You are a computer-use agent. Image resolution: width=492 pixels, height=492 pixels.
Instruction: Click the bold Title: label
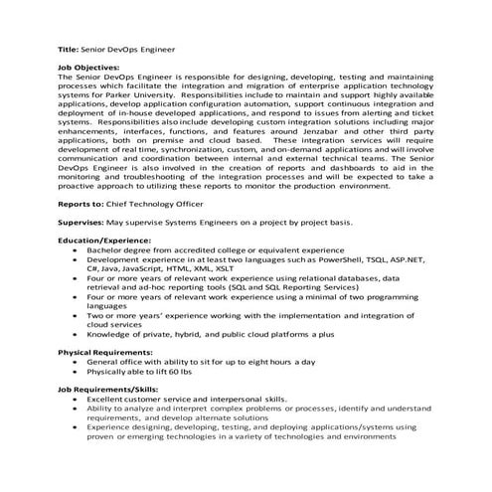tap(69, 48)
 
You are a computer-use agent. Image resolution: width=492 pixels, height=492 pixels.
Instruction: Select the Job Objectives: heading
tap(93, 67)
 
